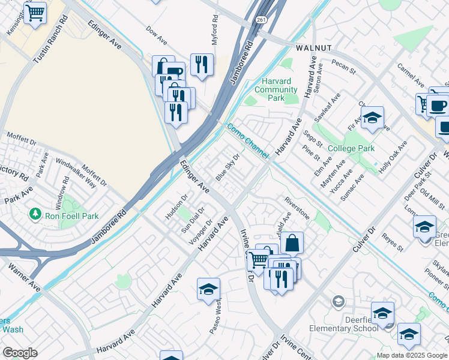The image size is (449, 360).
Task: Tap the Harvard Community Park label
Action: [276, 89]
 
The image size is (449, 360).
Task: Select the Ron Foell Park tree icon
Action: [36, 214]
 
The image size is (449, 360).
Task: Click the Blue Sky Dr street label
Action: [228, 167]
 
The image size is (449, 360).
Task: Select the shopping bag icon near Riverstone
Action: [292, 243]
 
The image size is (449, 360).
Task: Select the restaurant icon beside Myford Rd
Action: [202, 64]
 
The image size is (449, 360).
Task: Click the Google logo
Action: [20, 353]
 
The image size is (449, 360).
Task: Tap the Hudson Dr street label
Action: [176, 205]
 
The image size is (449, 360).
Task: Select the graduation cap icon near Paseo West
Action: [208, 290]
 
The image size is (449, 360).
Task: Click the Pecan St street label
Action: [344, 67]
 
